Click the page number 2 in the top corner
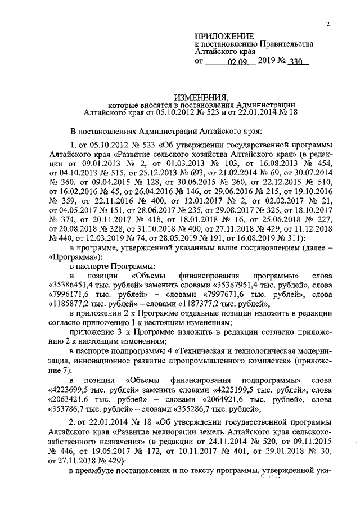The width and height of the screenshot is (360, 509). pyautogui.click(x=327, y=24)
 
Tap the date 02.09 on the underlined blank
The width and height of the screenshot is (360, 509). pyautogui.click(x=238, y=62)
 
